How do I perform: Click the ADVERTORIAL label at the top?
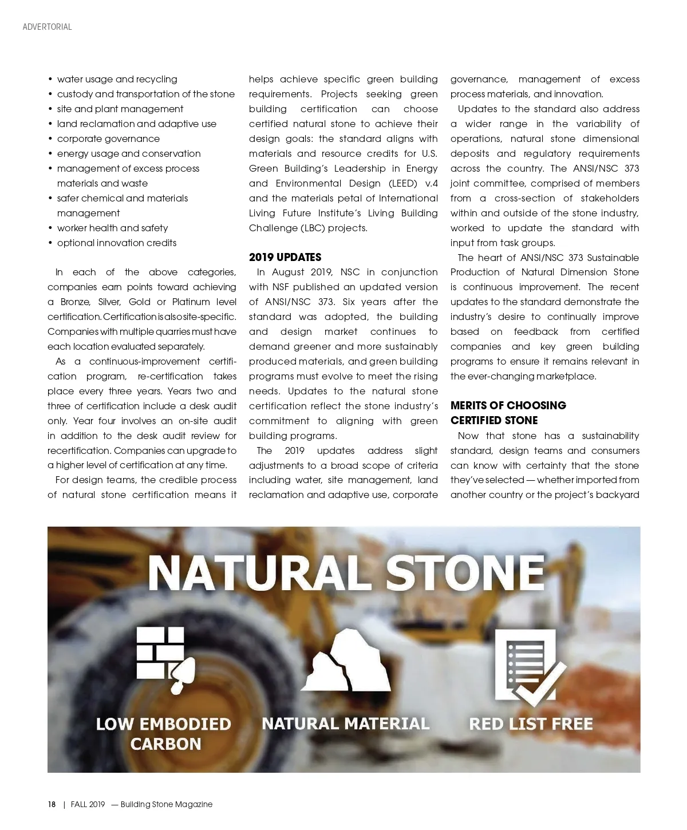click(x=47, y=27)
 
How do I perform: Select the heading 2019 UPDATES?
click(x=285, y=258)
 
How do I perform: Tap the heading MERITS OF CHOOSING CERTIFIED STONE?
click(x=508, y=413)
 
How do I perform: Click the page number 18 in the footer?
click(x=52, y=804)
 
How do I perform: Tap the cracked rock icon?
click(x=346, y=661)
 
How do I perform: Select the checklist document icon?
click(x=529, y=667)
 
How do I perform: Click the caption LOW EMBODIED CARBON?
click(x=164, y=734)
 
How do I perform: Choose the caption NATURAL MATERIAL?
click(x=345, y=724)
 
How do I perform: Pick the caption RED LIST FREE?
click(x=531, y=724)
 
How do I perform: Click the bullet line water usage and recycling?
click(x=117, y=79)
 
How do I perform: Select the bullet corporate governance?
click(x=108, y=139)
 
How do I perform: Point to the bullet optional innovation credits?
click(x=117, y=243)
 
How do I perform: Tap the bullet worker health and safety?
click(x=112, y=228)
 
